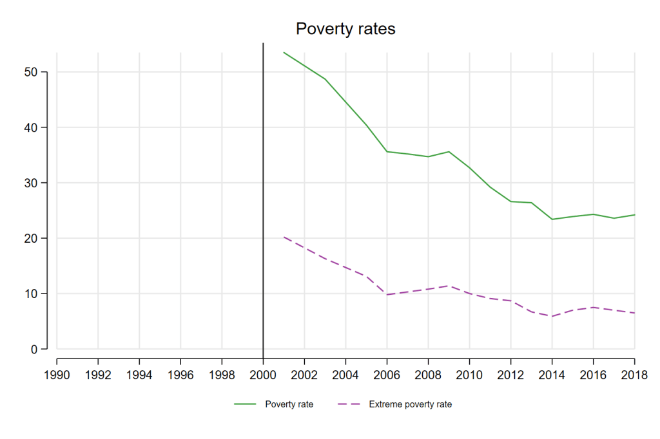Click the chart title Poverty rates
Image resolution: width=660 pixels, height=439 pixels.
pos(345,29)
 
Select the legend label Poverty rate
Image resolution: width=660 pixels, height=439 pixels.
pos(289,405)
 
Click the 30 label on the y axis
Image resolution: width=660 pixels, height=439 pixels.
pos(32,183)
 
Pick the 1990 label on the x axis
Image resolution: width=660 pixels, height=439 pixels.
pos(57,373)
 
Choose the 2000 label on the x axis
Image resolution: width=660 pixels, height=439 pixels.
pos(263,373)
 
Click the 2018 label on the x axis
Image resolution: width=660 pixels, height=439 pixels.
pos(634,373)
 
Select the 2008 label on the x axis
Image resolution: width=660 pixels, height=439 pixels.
pos(428,373)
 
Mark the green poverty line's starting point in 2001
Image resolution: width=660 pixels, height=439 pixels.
pos(284,52)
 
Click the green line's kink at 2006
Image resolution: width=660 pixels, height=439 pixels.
pos(387,151)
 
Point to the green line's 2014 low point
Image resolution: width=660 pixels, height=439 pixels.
pos(552,219)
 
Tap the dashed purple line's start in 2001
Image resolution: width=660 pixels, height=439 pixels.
pos(284,237)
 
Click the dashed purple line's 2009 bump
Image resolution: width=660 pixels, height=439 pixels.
pos(449,286)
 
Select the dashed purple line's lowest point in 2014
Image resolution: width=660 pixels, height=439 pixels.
pos(552,316)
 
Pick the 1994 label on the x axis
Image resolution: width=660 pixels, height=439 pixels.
pos(139,373)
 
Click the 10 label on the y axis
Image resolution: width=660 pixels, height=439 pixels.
pos(32,294)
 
